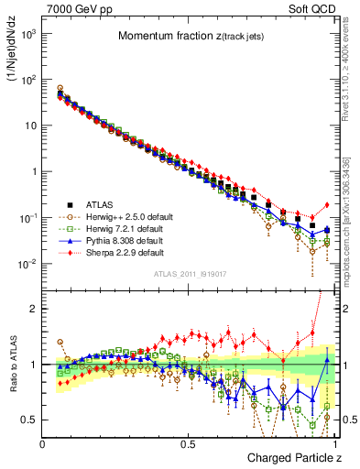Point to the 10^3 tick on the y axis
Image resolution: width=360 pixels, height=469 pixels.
pyautogui.click(x=29, y=33)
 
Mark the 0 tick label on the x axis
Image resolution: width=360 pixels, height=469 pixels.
pyautogui.click(x=43, y=444)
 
